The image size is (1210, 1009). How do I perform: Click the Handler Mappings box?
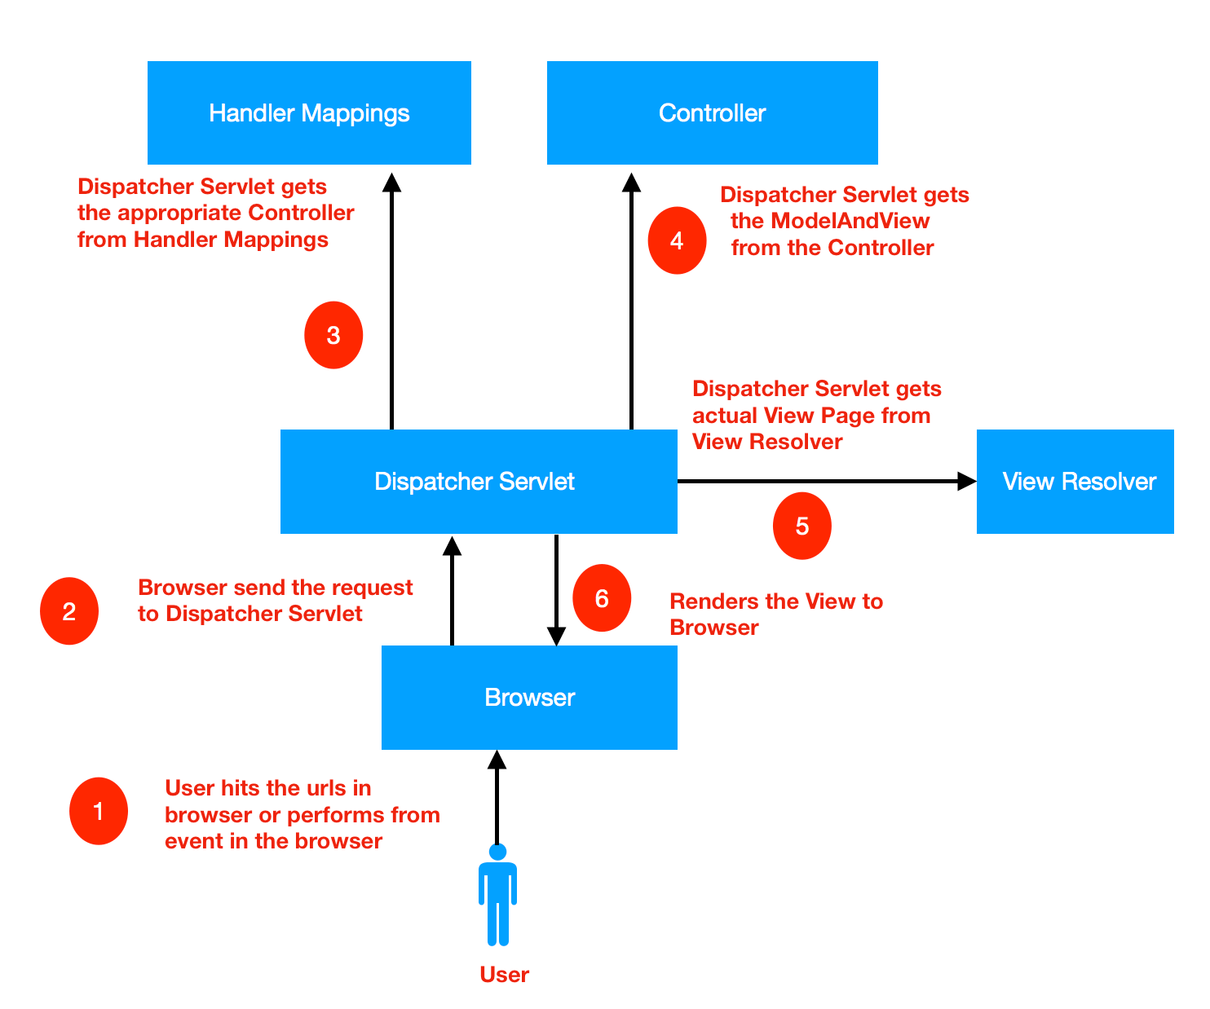(x=309, y=112)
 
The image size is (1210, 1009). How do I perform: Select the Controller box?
(x=712, y=112)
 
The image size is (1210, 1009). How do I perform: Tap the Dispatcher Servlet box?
(x=479, y=482)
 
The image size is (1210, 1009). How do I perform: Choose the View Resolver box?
(x=1075, y=482)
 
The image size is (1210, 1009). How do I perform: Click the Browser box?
(x=529, y=698)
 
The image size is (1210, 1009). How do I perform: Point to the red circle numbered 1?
(x=99, y=811)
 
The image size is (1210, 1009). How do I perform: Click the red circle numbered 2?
(x=69, y=611)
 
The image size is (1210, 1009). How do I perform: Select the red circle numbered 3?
(x=333, y=335)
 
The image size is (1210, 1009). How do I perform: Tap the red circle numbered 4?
(x=677, y=240)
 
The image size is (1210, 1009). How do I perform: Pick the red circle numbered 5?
(x=802, y=526)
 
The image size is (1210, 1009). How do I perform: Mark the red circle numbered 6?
(x=602, y=598)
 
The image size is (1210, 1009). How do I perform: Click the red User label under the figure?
(x=504, y=975)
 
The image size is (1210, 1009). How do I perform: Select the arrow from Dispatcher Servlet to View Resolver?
(x=824, y=482)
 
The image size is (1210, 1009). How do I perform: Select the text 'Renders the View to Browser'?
(x=775, y=615)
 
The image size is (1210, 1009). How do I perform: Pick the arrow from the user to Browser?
(x=497, y=799)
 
